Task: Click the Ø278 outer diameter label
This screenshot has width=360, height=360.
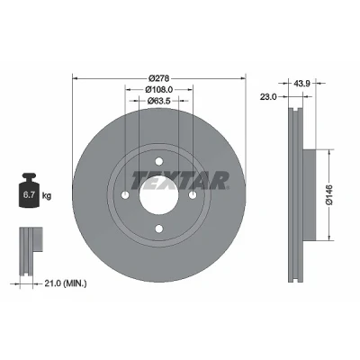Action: (159, 78)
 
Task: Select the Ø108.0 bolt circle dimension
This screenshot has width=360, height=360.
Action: (159, 89)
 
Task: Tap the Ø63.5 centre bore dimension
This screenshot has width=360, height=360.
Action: (159, 101)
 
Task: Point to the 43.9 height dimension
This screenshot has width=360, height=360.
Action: (301, 84)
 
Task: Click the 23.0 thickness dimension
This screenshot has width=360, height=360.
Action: (268, 96)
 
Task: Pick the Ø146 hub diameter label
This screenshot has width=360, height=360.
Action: (329, 195)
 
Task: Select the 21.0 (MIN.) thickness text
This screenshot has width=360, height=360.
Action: (66, 283)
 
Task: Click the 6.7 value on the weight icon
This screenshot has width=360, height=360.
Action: (28, 195)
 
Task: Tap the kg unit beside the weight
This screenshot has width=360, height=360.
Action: (47, 196)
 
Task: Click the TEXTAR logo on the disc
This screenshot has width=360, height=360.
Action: (180, 181)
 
